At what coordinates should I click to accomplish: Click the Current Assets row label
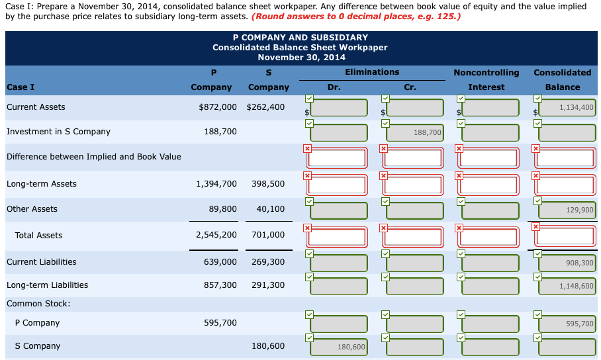[x=36, y=107]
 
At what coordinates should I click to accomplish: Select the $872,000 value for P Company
[x=218, y=107]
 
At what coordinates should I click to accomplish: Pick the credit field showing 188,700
[x=415, y=133]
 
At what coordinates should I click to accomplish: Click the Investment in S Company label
[x=58, y=131]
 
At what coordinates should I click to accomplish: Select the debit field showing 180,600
[x=340, y=347]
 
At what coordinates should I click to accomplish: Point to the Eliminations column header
[x=372, y=71]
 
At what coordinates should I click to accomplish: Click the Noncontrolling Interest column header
[x=486, y=79]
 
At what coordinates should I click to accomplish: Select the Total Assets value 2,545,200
[x=216, y=235]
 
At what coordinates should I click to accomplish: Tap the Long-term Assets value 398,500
[x=268, y=183]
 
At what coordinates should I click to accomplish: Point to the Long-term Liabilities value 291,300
[x=268, y=285]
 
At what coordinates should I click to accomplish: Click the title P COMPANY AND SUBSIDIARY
[x=300, y=38]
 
